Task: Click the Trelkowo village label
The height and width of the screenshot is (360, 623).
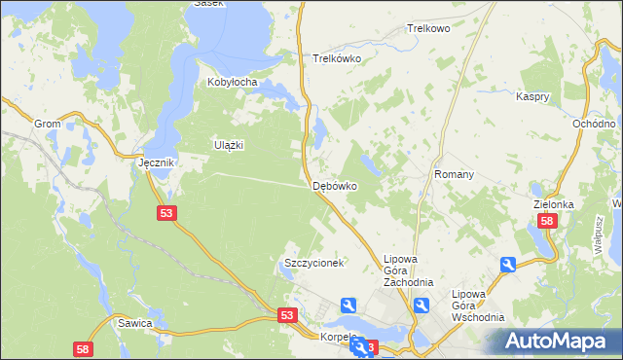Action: click(429, 29)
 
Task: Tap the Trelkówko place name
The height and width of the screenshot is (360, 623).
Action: click(337, 58)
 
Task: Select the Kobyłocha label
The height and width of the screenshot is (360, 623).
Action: click(232, 83)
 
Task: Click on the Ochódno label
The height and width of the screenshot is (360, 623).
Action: click(593, 125)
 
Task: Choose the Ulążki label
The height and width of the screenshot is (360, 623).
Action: click(228, 145)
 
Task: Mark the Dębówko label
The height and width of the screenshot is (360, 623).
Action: click(335, 185)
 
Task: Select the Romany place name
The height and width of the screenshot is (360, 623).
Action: click(454, 175)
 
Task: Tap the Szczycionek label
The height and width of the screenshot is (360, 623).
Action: click(313, 264)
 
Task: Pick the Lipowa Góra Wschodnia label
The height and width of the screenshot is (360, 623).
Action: click(478, 305)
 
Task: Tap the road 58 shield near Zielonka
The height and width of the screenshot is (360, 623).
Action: click(547, 222)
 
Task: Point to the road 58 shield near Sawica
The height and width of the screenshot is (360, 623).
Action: click(83, 348)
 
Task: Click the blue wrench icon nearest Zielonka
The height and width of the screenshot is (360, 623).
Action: click(507, 265)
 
